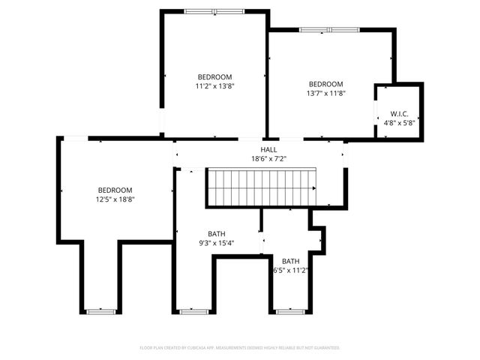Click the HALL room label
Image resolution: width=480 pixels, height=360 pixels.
point(268,150)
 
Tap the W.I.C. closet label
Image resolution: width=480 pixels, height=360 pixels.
point(399,113)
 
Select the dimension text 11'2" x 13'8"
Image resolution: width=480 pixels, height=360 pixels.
point(214,86)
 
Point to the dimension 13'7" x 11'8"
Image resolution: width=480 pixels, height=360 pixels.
point(326,93)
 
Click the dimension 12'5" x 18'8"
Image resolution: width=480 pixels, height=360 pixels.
point(115,199)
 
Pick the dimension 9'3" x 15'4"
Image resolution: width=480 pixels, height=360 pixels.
point(217,242)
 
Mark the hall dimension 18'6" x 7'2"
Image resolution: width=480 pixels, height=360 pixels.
point(268,159)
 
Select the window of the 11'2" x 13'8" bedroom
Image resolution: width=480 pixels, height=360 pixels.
point(214,11)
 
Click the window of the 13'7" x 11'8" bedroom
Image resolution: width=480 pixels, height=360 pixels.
point(328,30)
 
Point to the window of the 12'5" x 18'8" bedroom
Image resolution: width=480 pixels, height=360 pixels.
point(100,310)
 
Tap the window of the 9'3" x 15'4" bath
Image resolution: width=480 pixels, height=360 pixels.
point(193,310)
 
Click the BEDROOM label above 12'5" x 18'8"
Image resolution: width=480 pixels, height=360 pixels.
point(115,190)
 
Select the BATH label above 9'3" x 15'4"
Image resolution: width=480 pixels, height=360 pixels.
point(217,234)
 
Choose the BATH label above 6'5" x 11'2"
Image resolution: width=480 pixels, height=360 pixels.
point(291,261)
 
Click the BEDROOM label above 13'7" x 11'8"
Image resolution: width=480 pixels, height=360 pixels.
point(326,84)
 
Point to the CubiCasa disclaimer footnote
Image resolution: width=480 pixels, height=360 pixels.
point(240,348)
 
